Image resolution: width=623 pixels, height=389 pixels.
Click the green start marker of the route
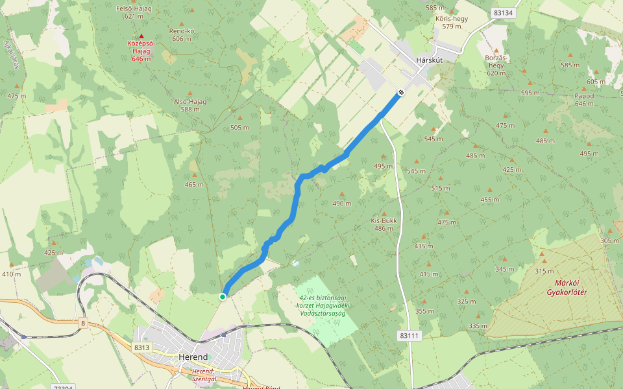pos(223,296)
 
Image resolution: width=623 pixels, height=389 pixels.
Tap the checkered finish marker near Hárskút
pos(401,93)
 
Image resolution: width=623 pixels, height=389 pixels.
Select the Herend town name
pos(193,357)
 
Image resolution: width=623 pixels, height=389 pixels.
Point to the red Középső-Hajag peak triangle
pos(141,36)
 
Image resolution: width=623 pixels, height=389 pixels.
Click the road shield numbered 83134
pos(502,12)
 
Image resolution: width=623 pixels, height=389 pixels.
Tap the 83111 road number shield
pos(410,335)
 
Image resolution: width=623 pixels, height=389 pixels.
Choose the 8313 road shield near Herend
pos(142,348)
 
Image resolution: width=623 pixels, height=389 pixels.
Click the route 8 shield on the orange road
pos(83,322)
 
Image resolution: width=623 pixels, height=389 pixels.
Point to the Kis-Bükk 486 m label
pos(384,224)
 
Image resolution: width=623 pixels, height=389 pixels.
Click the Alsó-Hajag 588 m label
pos(190,106)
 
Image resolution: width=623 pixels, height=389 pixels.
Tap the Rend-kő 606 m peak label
pos(182,34)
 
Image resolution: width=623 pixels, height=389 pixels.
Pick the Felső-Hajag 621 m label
pos(128,12)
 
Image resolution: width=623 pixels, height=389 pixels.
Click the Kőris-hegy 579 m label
pos(452,22)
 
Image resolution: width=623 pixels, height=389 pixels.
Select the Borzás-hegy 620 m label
pos(496,65)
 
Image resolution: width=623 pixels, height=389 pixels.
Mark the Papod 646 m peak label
pos(584,100)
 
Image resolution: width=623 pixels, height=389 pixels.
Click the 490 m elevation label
pos(342,203)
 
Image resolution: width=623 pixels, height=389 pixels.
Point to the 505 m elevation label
pos(239,127)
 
